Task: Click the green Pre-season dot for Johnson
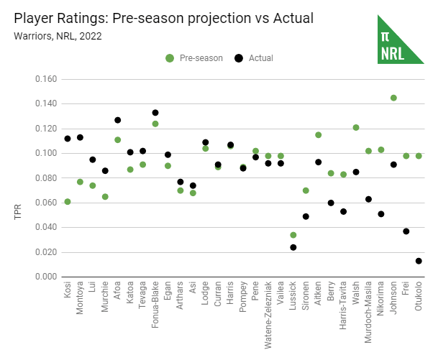[x=393, y=98]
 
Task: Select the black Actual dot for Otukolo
[x=419, y=261]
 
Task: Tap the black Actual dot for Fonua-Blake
[x=155, y=113]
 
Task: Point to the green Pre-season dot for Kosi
[x=68, y=202]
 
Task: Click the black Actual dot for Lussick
[x=293, y=247]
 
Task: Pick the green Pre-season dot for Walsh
[x=356, y=128]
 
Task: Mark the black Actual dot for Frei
[x=406, y=231]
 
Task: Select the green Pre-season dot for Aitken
[x=319, y=135]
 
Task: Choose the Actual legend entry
[x=255, y=57]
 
